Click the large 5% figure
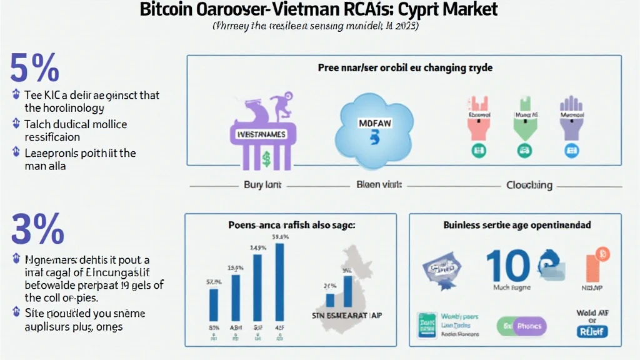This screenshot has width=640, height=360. [x=35, y=68]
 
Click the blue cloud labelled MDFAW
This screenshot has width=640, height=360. [x=374, y=124]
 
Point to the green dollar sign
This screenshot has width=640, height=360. [x=266, y=159]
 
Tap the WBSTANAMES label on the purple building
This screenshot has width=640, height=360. [x=258, y=134]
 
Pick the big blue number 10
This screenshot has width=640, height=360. [x=508, y=265]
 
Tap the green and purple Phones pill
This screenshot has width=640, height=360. [x=521, y=326]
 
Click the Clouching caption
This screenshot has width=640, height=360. [x=529, y=185]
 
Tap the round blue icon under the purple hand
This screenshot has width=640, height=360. [x=571, y=150]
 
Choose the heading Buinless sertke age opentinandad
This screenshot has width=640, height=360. [x=517, y=224]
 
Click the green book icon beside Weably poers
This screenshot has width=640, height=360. [x=427, y=324]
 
